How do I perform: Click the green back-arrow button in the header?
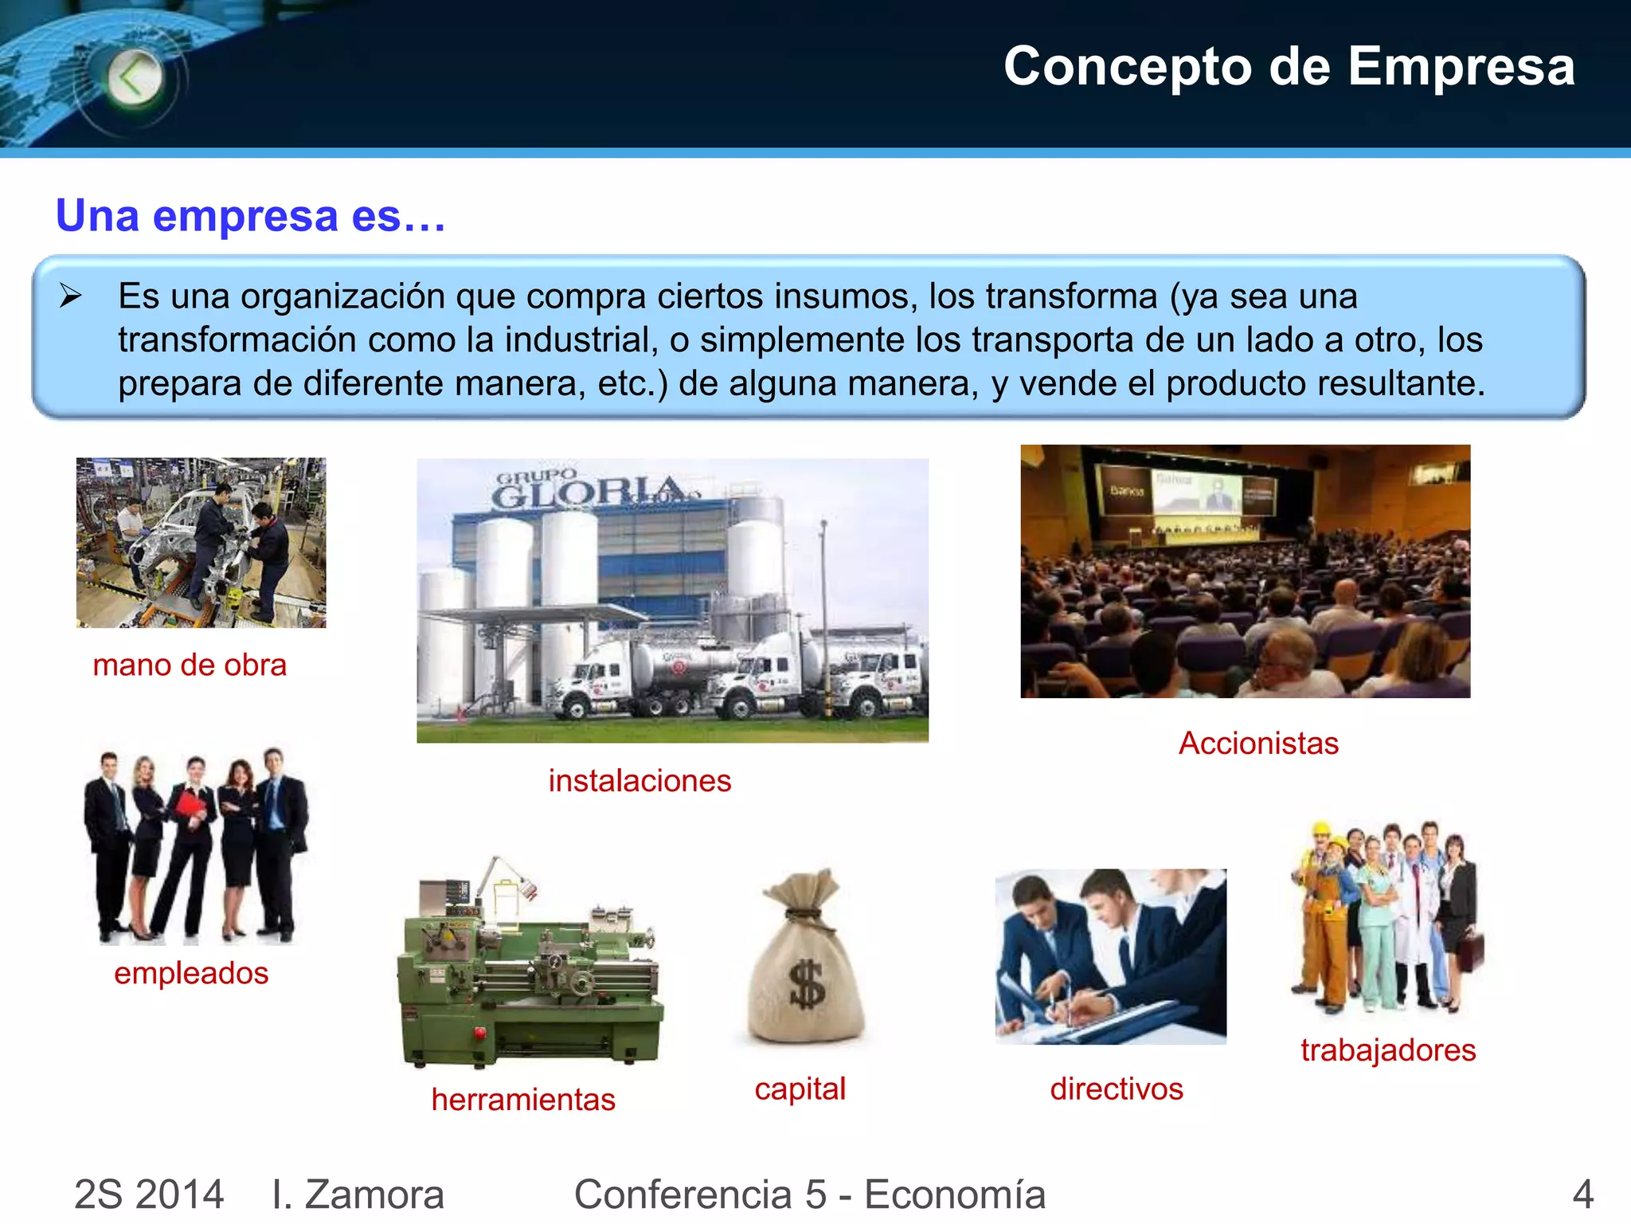pos(135,78)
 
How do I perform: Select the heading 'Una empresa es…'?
pos(250,215)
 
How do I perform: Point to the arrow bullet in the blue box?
pos(71,296)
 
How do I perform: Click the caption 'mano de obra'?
pos(190,665)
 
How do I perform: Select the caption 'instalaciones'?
pos(639,781)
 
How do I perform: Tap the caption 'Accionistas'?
pos(1258,743)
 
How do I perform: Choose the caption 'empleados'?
pos(191,973)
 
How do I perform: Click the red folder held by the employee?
pos(190,803)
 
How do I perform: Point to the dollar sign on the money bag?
pos(807,985)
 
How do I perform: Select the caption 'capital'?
pos(800,1089)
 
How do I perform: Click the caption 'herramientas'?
pos(523,1100)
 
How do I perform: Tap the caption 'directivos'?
pos(1116,1089)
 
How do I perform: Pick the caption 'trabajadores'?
pos(1388,1050)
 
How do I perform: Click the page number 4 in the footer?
pos(1582,1195)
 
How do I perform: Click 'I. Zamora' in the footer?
pos(358,1195)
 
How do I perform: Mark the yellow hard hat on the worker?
pos(1322,829)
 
